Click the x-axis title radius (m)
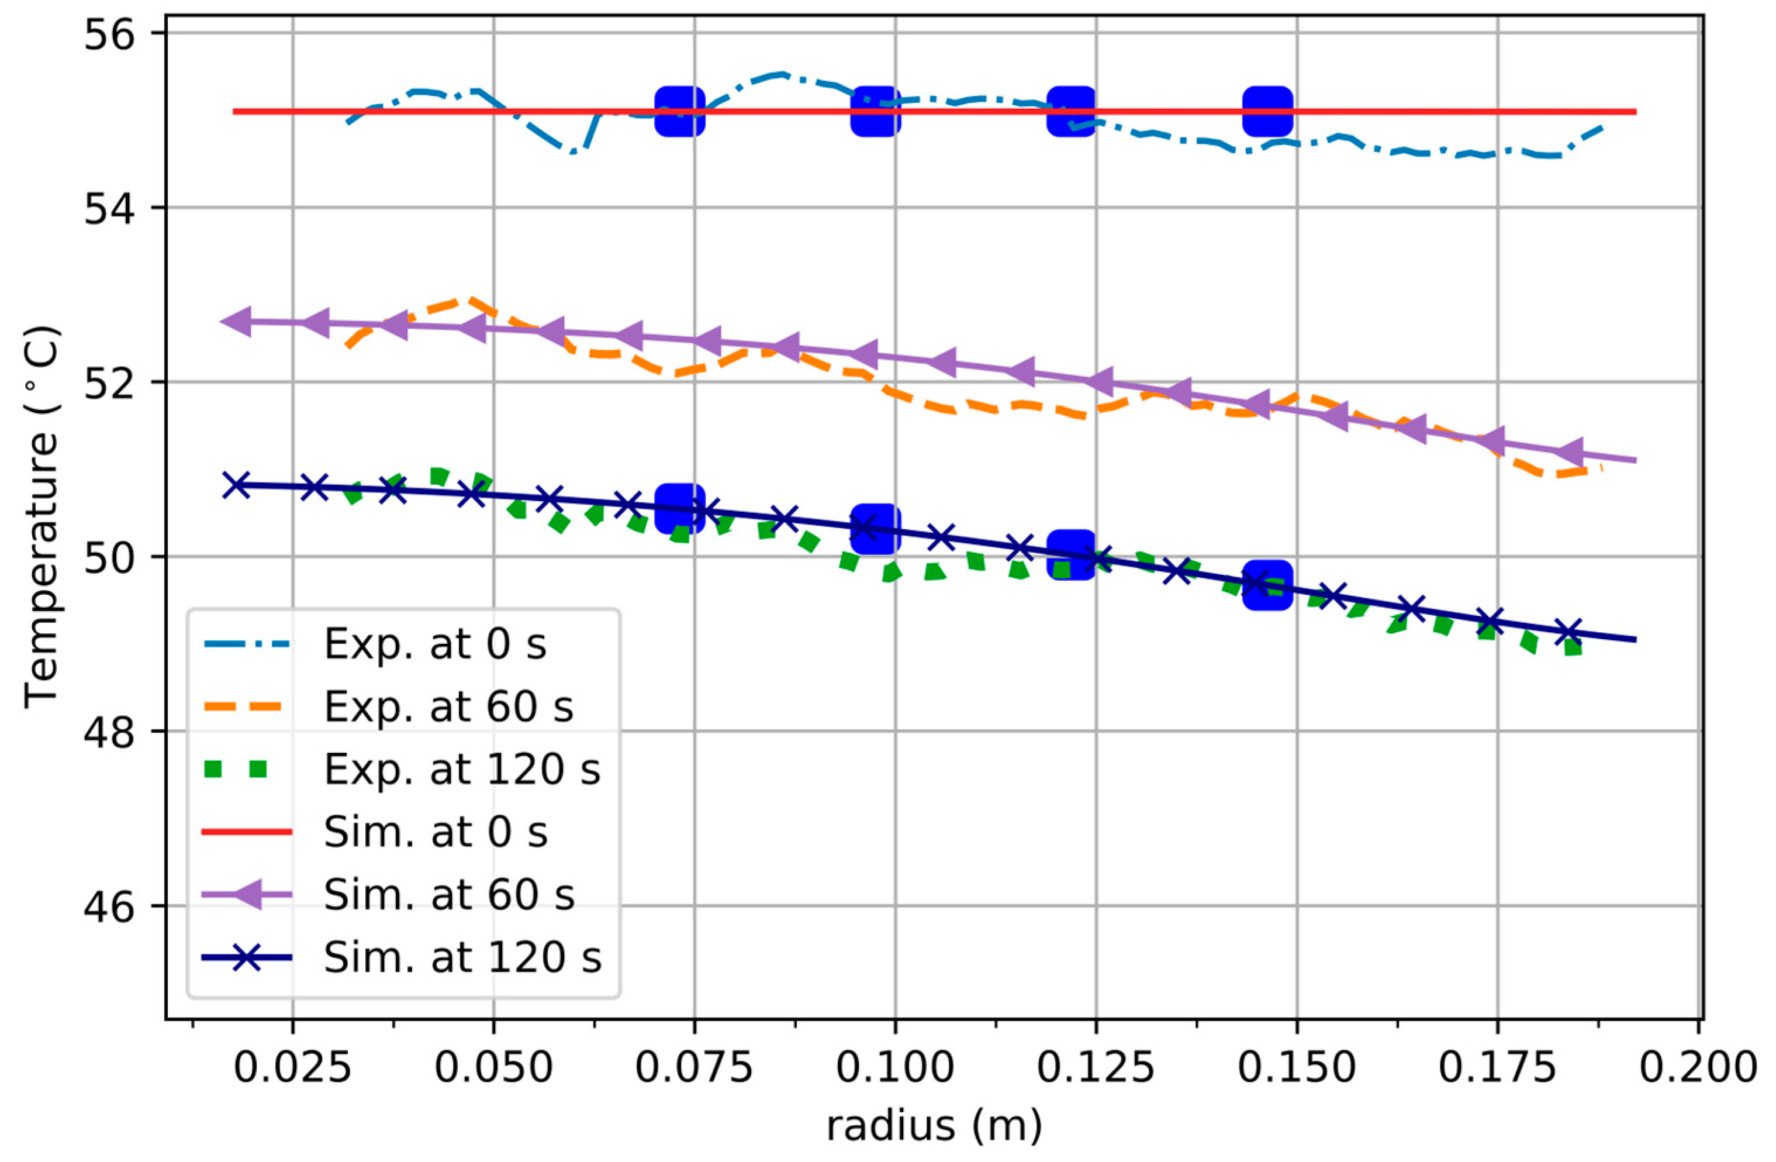click(933, 1125)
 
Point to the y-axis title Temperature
click(41, 515)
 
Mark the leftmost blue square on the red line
click(680, 111)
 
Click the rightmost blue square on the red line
click(1267, 111)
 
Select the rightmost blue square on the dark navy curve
click(1267, 584)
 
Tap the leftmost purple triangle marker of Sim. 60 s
click(237, 321)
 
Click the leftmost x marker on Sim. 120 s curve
click(237, 485)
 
